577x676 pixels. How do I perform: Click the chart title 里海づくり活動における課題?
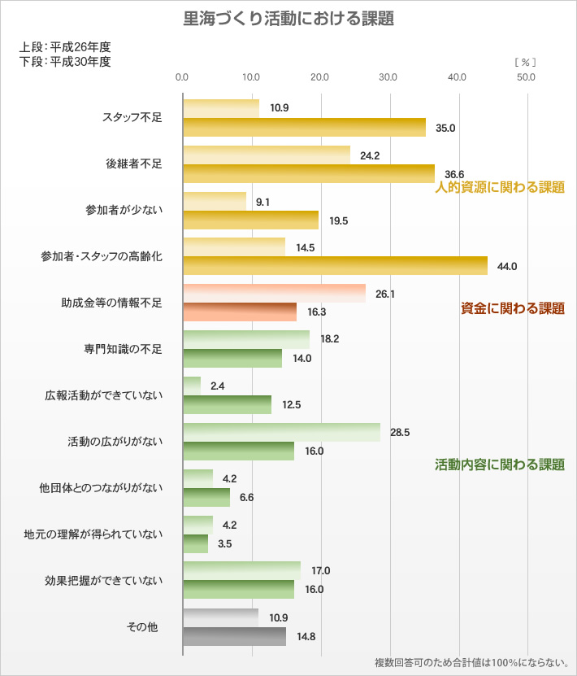[288, 19]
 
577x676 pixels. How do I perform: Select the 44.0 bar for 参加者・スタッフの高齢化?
[335, 266]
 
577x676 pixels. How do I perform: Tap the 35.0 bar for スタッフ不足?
[304, 128]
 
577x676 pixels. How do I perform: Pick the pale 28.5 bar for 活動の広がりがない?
[281, 433]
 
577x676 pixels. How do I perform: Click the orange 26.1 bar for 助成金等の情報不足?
[274, 294]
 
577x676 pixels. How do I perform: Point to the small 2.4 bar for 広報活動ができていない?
[192, 386]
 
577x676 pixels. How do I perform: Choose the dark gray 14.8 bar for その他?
[234, 636]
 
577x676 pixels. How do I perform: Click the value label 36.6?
[454, 174]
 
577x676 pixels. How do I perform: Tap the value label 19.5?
[339, 220]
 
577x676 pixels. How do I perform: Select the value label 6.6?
[247, 497]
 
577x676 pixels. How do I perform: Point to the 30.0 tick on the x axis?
[388, 78]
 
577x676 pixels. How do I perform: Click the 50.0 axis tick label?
[526, 78]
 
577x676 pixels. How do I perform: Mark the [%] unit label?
[525, 62]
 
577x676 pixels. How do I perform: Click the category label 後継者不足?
[134, 164]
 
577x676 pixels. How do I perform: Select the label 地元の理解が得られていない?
[93, 534]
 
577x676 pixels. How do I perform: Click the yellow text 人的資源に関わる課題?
[500, 188]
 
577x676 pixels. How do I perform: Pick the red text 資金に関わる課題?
[512, 309]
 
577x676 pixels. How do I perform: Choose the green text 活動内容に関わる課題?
[500, 465]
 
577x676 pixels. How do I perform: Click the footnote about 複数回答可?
[471, 662]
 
